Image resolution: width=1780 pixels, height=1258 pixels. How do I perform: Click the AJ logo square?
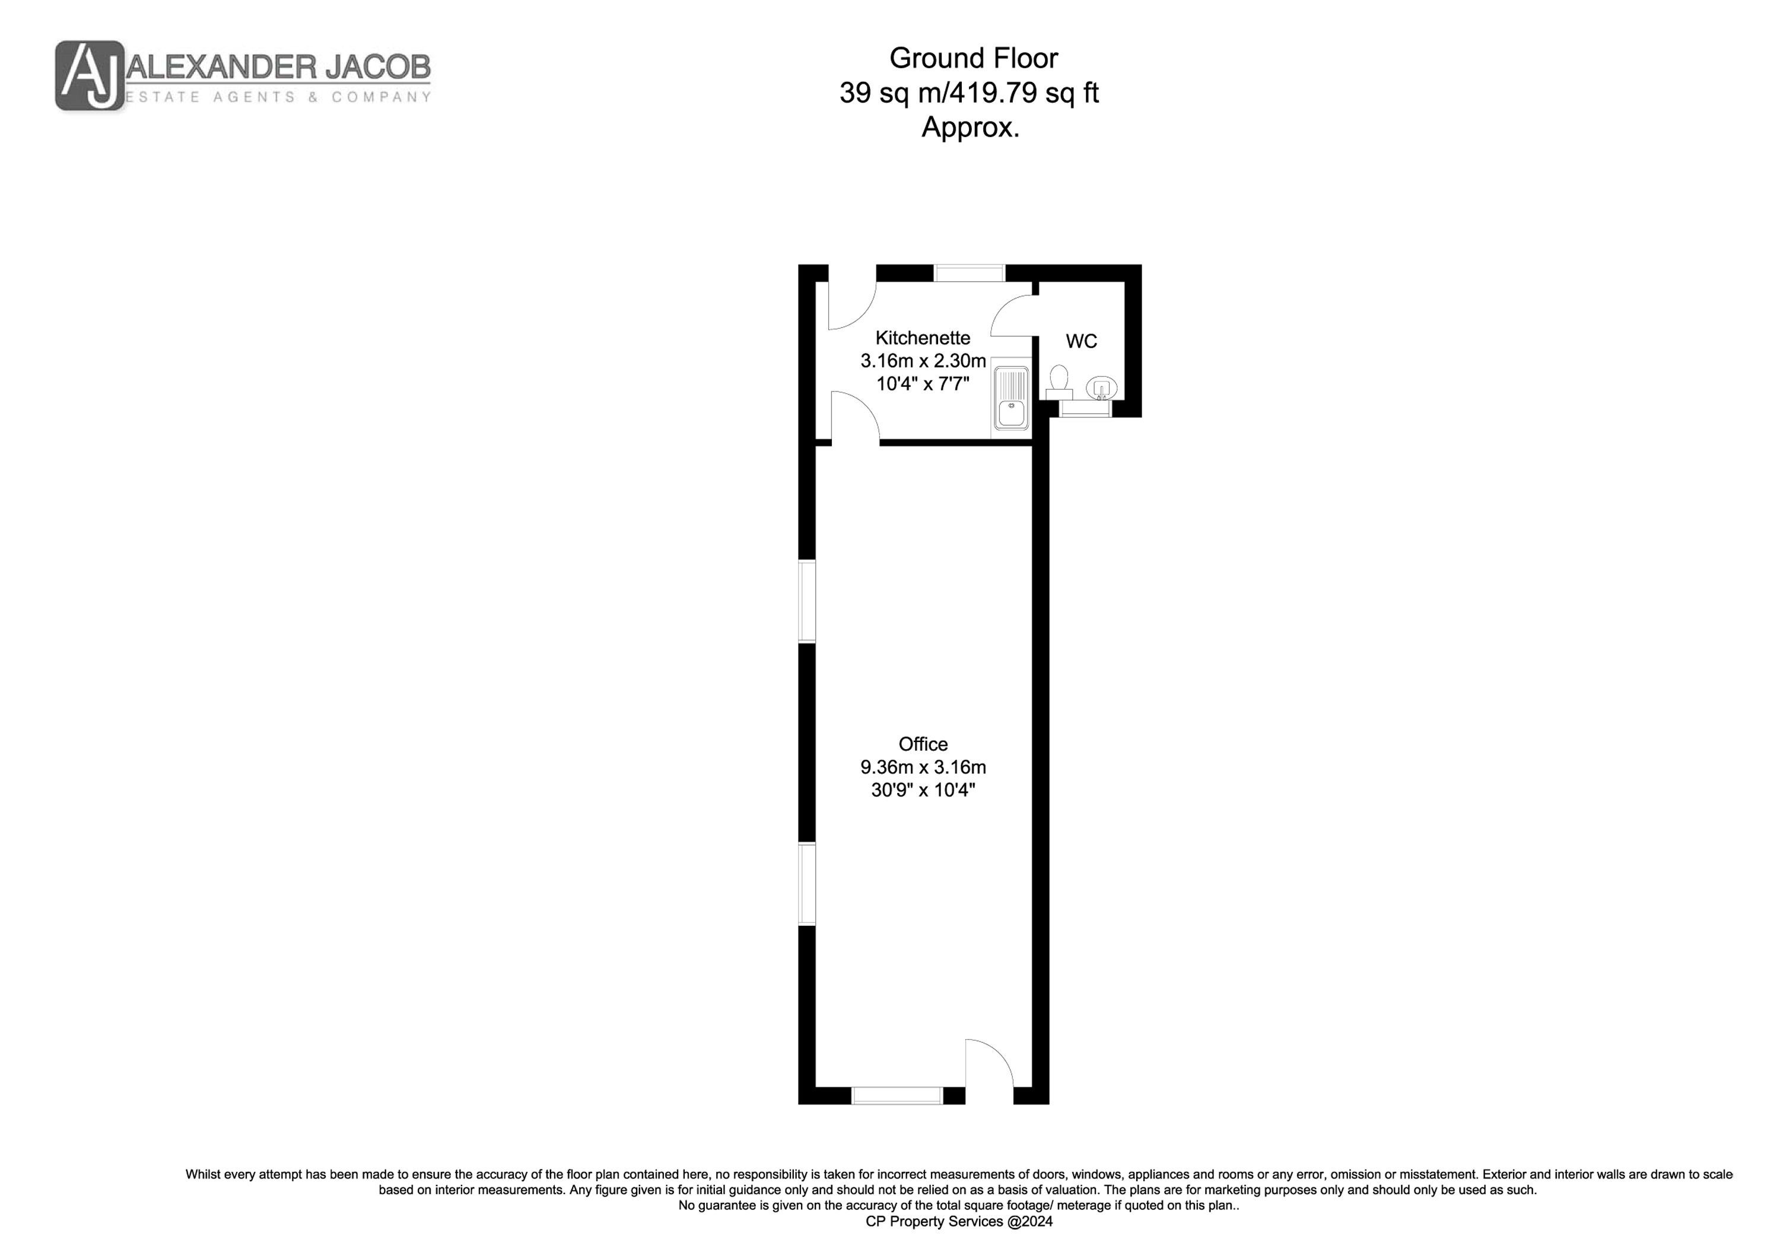pos(89,75)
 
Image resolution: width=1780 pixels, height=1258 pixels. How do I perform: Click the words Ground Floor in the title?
pos(973,58)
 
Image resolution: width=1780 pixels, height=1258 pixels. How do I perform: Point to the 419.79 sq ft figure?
pos(1024,93)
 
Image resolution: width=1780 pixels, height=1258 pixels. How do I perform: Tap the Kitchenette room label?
pos(923,338)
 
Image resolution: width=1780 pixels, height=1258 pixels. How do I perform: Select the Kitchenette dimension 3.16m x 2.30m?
pos(923,361)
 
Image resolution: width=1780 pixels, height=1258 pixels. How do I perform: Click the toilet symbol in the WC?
pos(1059,382)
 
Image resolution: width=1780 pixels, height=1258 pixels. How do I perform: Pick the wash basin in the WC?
pos(1101,387)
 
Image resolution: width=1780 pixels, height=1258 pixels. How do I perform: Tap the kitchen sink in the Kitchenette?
pos(1011,397)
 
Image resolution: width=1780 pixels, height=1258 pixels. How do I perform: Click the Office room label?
pos(923,744)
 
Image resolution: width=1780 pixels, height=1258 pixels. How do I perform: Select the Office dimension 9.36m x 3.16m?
pos(923,767)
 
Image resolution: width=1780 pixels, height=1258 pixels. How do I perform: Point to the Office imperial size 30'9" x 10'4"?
pos(923,791)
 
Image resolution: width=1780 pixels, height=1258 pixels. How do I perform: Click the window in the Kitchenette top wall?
pos(969,273)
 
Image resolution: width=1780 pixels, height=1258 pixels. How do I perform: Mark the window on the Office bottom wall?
pos(897,1095)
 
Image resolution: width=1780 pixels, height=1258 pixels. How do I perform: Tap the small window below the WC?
pos(1085,409)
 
